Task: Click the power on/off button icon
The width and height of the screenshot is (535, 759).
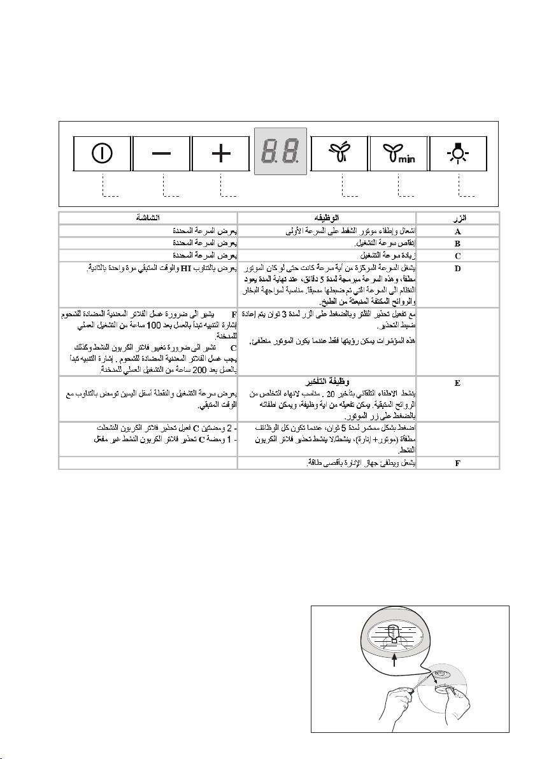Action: point(102,153)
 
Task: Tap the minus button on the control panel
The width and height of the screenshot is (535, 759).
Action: point(162,153)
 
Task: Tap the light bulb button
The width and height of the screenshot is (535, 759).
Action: point(459,153)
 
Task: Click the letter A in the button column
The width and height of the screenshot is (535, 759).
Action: point(457,231)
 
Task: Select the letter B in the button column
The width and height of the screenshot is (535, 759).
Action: point(457,243)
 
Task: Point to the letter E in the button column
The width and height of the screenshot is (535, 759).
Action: point(457,383)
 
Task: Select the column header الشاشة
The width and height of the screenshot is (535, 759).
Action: point(148,217)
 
